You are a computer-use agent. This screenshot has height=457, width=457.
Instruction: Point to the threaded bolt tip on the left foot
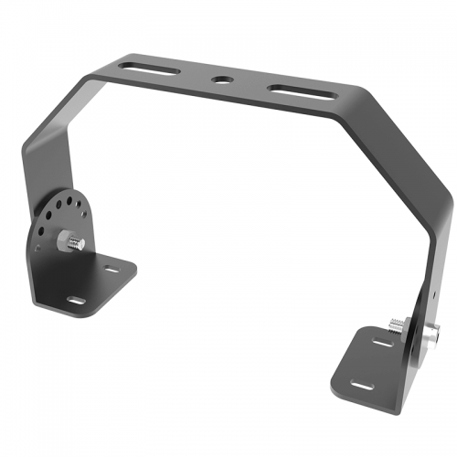(x=79, y=243)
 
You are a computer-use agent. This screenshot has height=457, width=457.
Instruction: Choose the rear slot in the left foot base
(x=111, y=270)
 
